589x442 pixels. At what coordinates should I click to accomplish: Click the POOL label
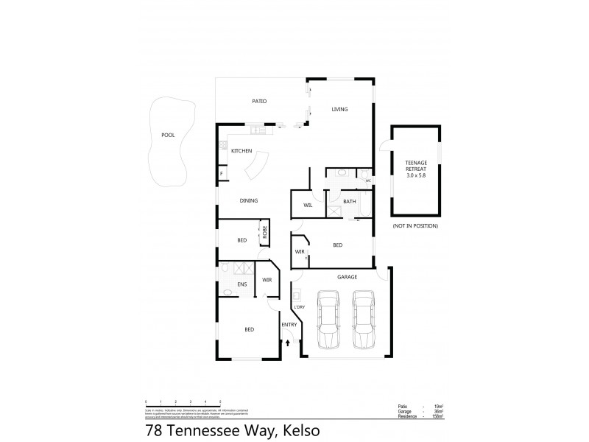tap(168, 135)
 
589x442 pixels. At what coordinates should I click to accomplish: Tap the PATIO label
tap(258, 102)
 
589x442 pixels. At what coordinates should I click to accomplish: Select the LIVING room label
tap(339, 110)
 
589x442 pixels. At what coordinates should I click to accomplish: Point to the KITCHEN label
tap(241, 151)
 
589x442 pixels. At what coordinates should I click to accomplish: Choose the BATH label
tap(350, 201)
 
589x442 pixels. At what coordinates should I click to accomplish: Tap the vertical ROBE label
tap(264, 234)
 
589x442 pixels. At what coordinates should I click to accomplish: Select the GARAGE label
tap(347, 277)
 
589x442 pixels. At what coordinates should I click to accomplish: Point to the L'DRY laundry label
tap(300, 306)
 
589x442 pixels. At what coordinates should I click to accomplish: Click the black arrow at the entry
tap(288, 341)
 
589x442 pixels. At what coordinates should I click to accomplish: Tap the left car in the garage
tap(328, 321)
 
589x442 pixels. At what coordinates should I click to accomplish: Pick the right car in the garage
tap(363, 321)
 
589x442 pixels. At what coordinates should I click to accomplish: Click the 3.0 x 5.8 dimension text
tap(416, 176)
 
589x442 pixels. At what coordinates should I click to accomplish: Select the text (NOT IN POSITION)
tap(415, 225)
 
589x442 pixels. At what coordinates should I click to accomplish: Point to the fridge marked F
tap(221, 175)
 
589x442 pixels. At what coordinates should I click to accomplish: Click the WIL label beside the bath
tap(308, 206)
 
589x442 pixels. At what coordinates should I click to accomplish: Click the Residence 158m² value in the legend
tap(438, 415)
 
